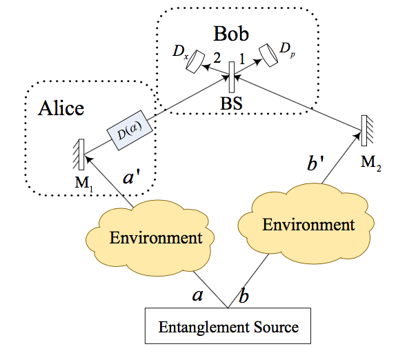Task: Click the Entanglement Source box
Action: pyautogui.click(x=228, y=326)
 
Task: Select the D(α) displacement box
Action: pyautogui.click(x=130, y=130)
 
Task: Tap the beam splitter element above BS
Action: pyautogui.click(x=232, y=77)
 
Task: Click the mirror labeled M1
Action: pyautogui.click(x=81, y=154)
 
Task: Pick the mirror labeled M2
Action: pyautogui.click(x=364, y=130)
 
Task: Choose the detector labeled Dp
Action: pyautogui.click(x=268, y=55)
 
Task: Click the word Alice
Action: pyautogui.click(x=61, y=108)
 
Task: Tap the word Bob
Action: pyautogui.click(x=231, y=34)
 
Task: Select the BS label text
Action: pyautogui.click(x=231, y=103)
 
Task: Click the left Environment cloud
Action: pyautogui.click(x=150, y=237)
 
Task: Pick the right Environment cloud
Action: pyautogui.click(x=306, y=223)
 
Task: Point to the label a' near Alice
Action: pyautogui.click(x=131, y=177)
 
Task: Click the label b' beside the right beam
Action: pyautogui.click(x=315, y=163)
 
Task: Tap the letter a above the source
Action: pyautogui.click(x=197, y=295)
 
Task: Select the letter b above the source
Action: pyautogui.click(x=244, y=294)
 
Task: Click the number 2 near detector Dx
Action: pyautogui.click(x=217, y=58)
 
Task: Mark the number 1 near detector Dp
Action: pyautogui.click(x=242, y=59)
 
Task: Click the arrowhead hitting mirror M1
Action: pyautogui.click(x=89, y=159)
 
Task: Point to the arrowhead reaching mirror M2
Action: pyautogui.click(x=357, y=136)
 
